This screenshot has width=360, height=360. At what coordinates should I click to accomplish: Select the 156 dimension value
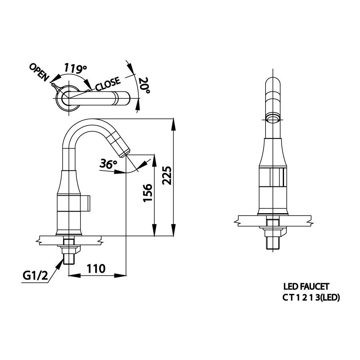(148, 193)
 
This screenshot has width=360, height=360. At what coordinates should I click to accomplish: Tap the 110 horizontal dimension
(96, 269)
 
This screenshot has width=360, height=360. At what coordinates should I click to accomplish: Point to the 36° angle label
(108, 164)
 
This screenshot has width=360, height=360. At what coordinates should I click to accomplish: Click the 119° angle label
(75, 68)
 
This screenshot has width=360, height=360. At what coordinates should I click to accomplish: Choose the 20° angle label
(144, 86)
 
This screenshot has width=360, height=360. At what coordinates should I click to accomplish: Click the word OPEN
(39, 72)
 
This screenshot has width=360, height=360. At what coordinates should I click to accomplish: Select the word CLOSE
(108, 84)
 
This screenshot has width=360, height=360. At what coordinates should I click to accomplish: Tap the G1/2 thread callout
(35, 276)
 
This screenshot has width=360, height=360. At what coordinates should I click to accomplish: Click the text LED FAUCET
(306, 286)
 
